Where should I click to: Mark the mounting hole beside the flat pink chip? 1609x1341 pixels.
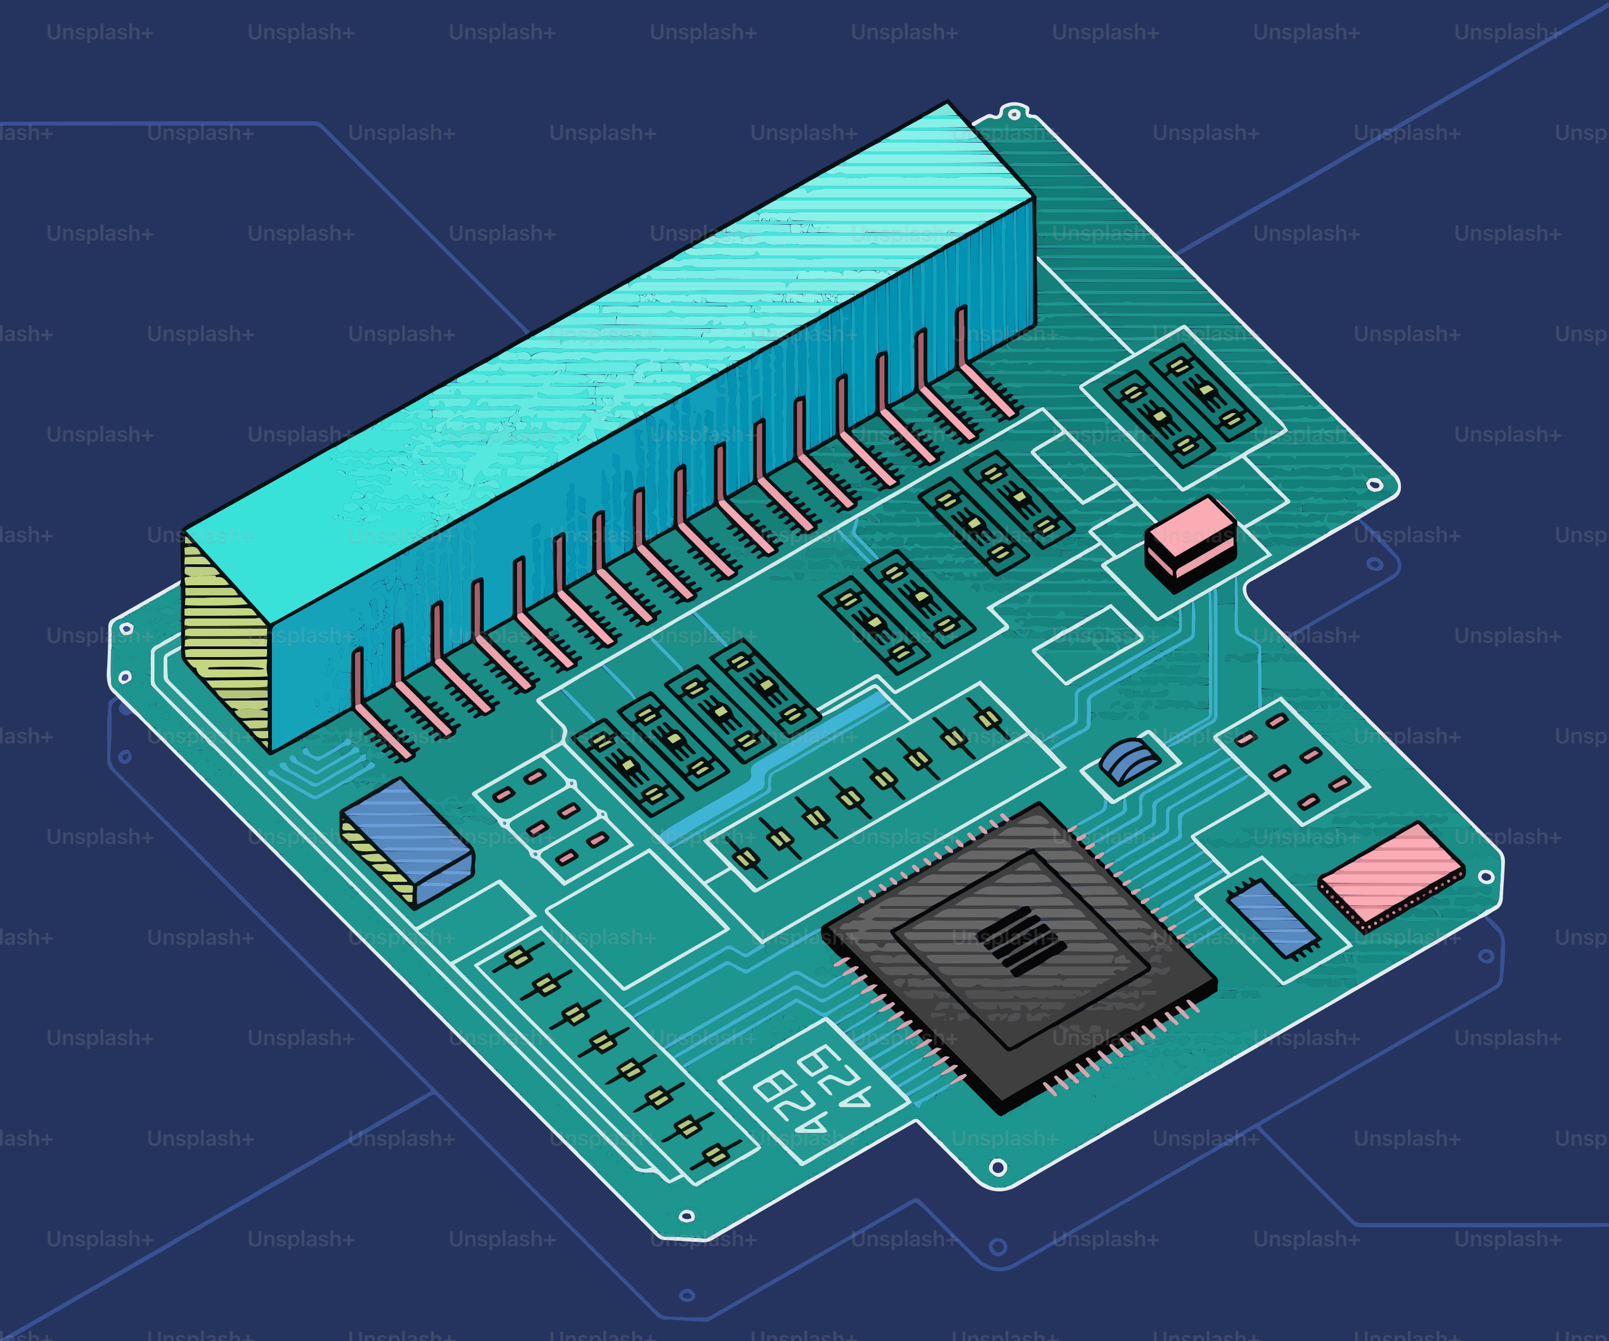tap(1485, 876)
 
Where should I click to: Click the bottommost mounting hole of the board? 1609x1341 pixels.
tap(687, 1216)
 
